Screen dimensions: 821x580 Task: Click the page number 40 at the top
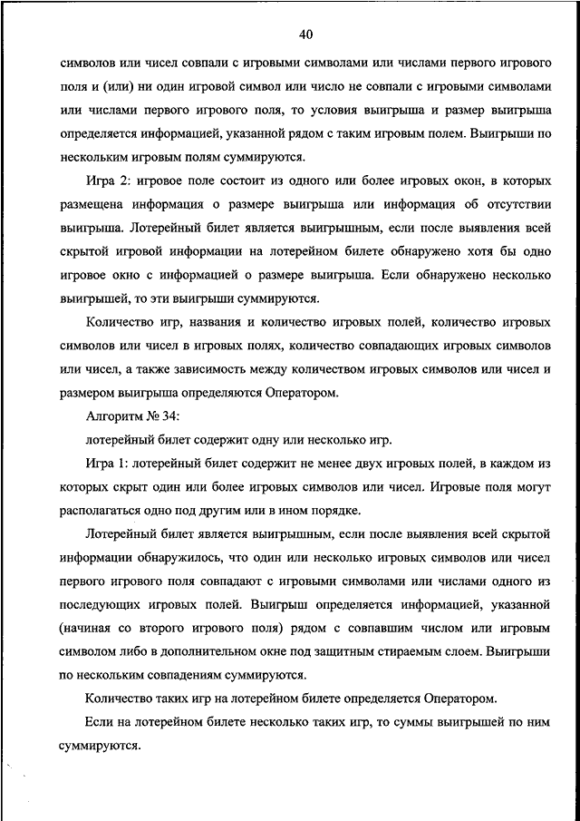(x=305, y=35)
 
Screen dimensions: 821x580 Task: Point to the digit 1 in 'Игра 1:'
(x=129, y=464)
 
